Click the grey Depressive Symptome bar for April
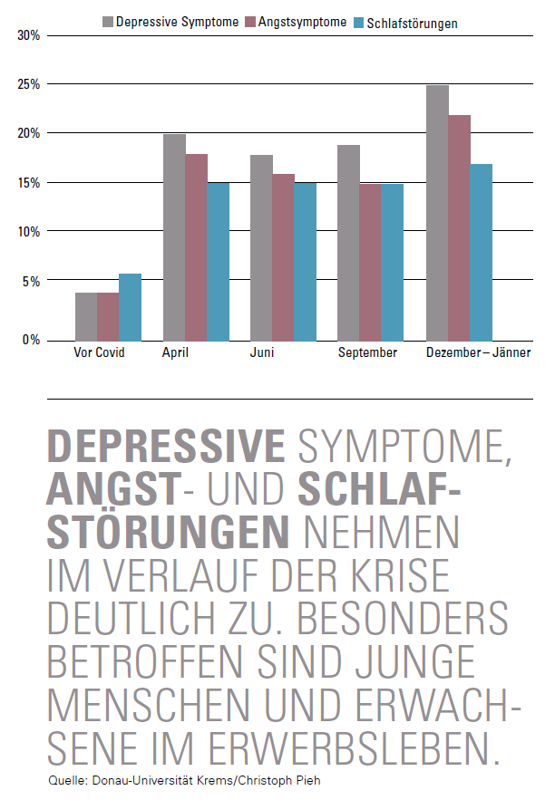174,236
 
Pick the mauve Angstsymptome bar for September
369,262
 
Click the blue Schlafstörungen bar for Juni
305,261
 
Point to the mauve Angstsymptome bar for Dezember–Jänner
459,227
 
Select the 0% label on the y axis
32,340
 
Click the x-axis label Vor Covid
98,352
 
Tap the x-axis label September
367,352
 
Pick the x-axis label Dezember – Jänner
478,352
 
